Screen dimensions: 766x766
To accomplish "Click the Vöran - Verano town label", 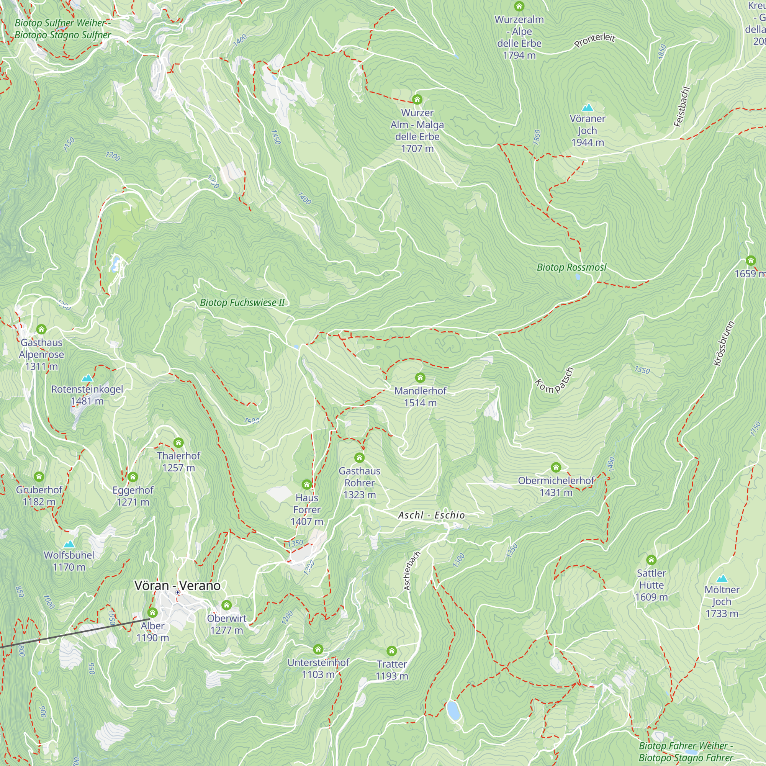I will [177, 585].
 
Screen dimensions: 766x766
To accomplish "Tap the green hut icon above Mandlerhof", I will [420, 378].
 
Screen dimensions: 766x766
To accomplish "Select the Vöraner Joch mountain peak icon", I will [587, 107].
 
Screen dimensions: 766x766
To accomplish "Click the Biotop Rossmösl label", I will [571, 267].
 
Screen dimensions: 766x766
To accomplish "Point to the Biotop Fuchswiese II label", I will [242, 303].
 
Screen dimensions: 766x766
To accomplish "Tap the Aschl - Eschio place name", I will [431, 515].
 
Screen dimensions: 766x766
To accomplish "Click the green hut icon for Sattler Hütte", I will [651, 560].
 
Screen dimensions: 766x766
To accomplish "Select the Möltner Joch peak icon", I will [722, 578].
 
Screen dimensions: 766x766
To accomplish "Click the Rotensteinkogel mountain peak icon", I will [87, 378].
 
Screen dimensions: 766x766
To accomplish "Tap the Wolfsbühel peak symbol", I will [69, 543].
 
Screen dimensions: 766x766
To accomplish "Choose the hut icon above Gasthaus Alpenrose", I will [41, 329].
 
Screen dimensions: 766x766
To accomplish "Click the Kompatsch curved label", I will [555, 381].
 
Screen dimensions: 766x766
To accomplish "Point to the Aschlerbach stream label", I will [412, 571].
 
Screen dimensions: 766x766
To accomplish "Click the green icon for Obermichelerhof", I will [556, 467].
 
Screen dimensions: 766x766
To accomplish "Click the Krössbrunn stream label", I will [724, 343].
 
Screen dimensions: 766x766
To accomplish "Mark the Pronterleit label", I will [595, 40].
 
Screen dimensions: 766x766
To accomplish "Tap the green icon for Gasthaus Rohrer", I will [359, 458].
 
